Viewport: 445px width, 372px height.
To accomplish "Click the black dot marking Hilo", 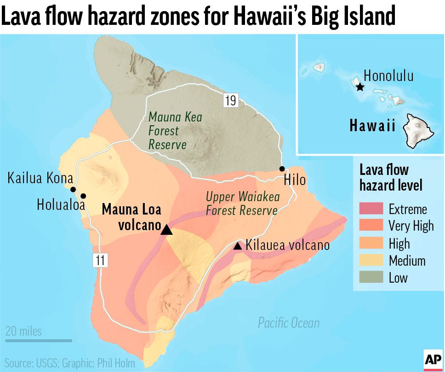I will coord(282,169).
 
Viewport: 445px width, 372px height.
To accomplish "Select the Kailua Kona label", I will coord(40,178).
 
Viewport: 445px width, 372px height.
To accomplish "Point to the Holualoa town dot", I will coord(83,196).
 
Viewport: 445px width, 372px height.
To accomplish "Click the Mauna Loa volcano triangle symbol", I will coord(167,230).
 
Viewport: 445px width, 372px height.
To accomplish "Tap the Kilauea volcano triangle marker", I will coord(238,246).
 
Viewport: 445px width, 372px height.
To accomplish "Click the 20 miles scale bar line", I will coord(39,341).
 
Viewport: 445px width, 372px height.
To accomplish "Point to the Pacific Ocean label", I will coord(288,323).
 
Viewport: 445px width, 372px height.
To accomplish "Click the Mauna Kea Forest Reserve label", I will coord(174,131).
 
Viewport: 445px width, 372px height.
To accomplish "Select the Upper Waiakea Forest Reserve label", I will coord(242,203).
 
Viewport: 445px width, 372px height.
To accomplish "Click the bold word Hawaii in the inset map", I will coord(372,125).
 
